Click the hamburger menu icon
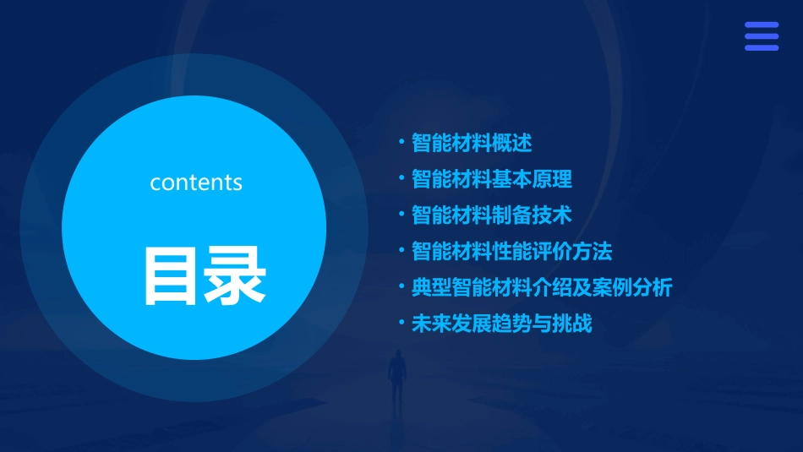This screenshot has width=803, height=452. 762,36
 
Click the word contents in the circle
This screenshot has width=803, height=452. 196,182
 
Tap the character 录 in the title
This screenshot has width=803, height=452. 235,275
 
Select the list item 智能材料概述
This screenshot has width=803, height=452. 472,143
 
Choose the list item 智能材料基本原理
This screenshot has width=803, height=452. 492,179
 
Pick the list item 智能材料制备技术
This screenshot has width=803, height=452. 492,215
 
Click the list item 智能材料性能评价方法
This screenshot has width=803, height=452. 511,252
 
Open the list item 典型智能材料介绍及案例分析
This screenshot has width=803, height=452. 542,288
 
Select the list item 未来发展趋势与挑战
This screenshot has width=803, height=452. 502,324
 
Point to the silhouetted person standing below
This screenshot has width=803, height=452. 396,380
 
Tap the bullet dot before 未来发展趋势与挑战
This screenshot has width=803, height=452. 401,323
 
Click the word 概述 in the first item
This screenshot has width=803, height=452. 512,143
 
